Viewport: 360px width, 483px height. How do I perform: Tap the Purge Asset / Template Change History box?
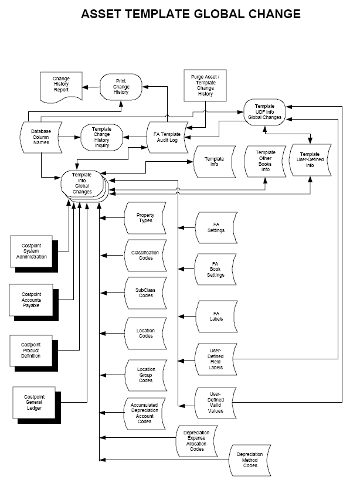205,85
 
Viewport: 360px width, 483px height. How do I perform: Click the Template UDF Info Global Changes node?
264,111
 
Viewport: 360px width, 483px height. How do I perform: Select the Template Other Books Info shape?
266,161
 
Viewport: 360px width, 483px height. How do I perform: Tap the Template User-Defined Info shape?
311,161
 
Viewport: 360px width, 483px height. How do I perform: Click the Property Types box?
145,218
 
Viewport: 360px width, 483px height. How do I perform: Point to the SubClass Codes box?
145,292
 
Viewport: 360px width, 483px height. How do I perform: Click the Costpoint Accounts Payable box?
31,299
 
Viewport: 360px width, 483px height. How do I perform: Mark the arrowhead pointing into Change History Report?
84,86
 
